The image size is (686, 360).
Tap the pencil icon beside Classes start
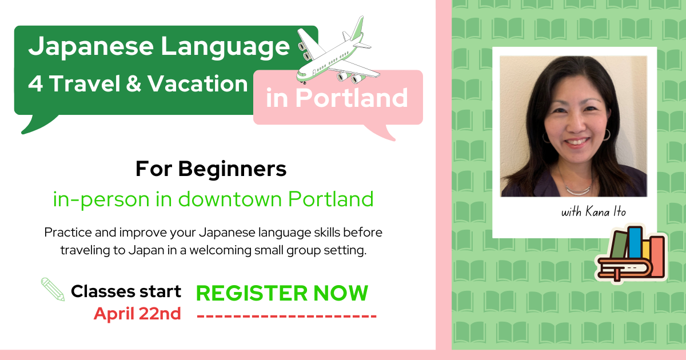tap(53, 289)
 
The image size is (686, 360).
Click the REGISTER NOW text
tap(282, 293)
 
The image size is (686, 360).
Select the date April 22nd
tap(137, 314)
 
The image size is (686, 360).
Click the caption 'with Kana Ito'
tap(593, 211)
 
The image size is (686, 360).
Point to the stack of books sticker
tap(631, 254)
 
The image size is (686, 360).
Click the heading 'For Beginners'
tap(211, 169)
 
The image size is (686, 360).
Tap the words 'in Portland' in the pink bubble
tap(337, 98)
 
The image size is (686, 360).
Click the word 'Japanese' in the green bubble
tap(91, 46)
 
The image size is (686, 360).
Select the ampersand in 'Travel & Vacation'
tap(134, 83)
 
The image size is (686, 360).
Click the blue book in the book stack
tap(635, 242)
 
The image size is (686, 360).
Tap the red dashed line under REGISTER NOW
tap(286, 316)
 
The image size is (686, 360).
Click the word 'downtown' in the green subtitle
tap(230, 199)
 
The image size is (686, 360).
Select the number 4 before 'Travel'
tap(35, 83)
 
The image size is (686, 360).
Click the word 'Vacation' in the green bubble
tap(198, 83)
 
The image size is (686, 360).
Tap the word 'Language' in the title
tap(225, 46)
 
